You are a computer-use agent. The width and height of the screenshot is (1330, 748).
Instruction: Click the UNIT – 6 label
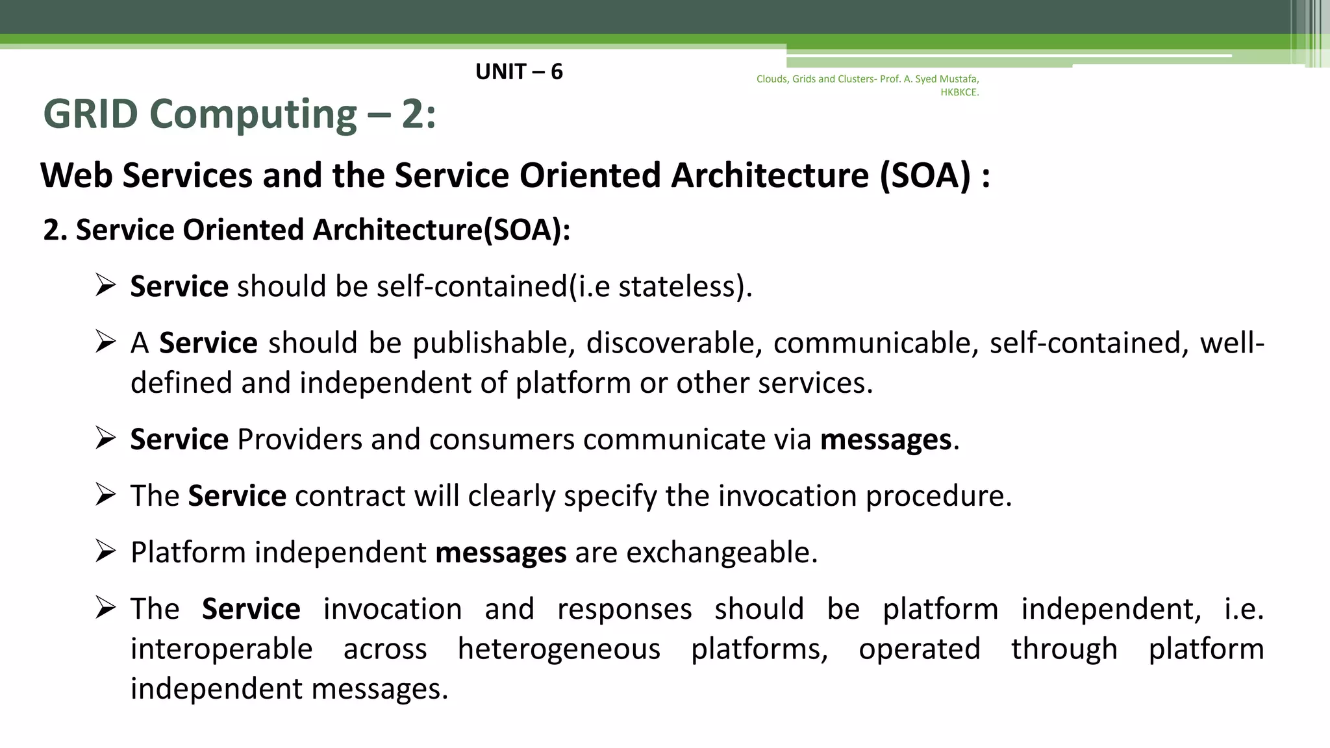tap(518, 71)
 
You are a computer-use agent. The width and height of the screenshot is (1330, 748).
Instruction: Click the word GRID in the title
tap(90, 114)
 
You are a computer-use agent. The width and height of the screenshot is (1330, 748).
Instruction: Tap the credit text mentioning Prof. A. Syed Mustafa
tap(867, 79)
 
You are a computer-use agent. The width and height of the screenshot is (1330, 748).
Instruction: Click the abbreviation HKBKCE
tap(959, 92)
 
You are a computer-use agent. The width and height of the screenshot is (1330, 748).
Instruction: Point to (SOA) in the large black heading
tap(925, 175)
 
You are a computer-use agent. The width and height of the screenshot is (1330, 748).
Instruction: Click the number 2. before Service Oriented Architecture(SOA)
tap(55, 231)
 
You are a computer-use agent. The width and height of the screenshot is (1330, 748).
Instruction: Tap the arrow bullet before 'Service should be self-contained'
tap(105, 285)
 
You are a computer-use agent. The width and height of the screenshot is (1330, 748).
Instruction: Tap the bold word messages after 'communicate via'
tap(886, 440)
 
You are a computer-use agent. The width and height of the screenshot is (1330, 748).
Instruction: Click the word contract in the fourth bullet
tap(350, 496)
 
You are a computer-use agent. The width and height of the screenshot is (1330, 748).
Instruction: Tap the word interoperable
tap(221, 649)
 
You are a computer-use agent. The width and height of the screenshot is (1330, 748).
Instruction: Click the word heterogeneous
tap(558, 649)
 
